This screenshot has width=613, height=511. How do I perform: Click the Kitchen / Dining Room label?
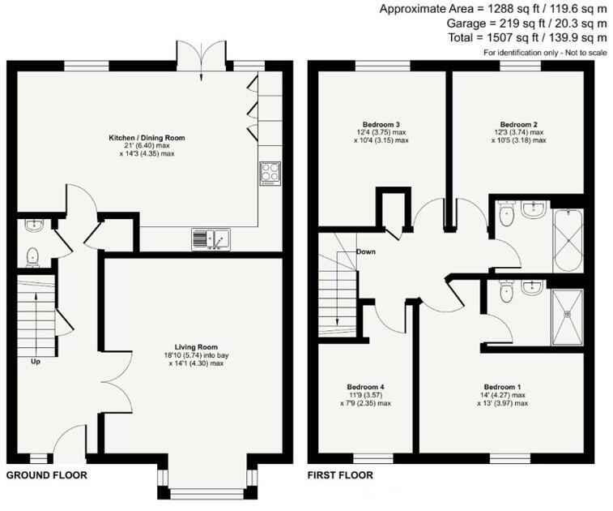[147, 138]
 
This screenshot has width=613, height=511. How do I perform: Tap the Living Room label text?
[196, 347]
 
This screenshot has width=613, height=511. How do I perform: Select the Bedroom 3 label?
[381, 125]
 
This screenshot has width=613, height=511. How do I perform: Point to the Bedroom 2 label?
[518, 125]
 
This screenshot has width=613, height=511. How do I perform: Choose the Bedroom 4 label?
[365, 387]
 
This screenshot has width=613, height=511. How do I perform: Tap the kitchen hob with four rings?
[270, 174]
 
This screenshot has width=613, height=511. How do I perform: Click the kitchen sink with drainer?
[211, 239]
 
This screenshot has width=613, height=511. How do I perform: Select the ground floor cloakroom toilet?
[33, 257]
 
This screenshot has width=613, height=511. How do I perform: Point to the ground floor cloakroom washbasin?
[34, 225]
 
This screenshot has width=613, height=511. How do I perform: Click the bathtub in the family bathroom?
[568, 241]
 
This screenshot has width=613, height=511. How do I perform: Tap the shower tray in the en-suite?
[568, 317]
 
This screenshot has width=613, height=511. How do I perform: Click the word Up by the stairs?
[36, 362]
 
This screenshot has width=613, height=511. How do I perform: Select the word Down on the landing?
[366, 251]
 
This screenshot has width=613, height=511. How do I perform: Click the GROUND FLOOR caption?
[46, 475]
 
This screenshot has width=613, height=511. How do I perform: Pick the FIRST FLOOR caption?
[340, 475]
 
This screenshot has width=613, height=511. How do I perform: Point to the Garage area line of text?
[526, 24]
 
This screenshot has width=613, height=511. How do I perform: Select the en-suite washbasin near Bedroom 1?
[532, 287]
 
